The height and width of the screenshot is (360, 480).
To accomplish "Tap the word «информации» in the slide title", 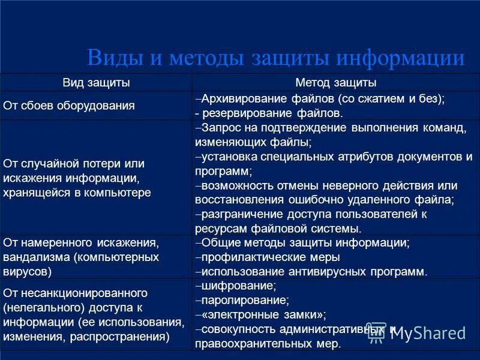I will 400,58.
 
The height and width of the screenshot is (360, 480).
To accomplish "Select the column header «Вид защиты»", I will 97,83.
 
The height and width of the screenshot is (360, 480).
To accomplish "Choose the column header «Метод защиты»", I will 336,83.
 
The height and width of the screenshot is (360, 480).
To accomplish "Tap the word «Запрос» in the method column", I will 221,128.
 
